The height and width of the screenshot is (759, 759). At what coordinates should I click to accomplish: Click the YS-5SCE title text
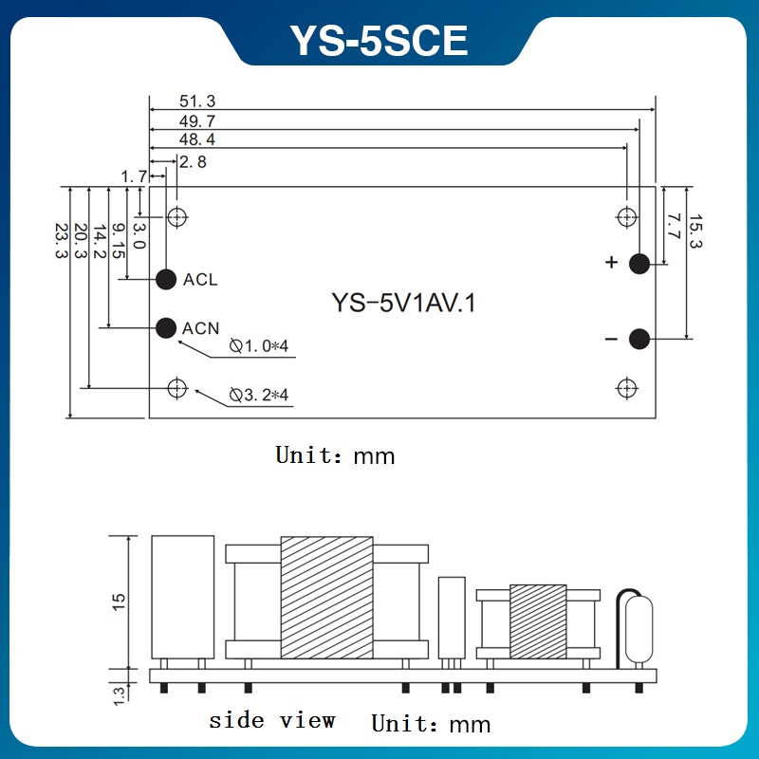379,41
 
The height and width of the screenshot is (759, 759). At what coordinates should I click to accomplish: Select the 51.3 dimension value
196,101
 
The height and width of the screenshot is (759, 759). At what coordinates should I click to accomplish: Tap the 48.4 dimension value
196,139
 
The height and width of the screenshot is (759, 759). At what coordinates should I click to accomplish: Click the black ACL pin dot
167,279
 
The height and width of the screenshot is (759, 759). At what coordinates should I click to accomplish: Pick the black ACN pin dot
166,328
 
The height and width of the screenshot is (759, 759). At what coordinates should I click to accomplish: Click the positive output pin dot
639,263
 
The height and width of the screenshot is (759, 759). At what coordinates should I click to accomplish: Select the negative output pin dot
639,339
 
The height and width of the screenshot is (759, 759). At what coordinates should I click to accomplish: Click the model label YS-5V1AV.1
402,304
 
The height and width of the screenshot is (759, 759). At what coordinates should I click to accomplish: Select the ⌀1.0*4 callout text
258,346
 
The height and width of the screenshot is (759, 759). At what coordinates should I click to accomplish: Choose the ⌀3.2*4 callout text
258,395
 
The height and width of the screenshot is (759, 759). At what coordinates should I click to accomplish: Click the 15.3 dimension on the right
694,231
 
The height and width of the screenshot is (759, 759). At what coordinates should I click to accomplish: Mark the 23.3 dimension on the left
62,241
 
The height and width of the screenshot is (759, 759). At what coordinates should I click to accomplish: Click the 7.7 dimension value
673,226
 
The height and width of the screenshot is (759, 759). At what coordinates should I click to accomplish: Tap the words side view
272,720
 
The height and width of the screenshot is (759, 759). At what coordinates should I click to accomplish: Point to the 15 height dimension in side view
119,602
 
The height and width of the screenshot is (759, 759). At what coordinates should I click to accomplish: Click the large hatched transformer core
326,598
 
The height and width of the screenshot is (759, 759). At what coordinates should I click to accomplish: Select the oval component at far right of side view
639,631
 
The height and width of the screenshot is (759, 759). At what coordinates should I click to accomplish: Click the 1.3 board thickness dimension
119,694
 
